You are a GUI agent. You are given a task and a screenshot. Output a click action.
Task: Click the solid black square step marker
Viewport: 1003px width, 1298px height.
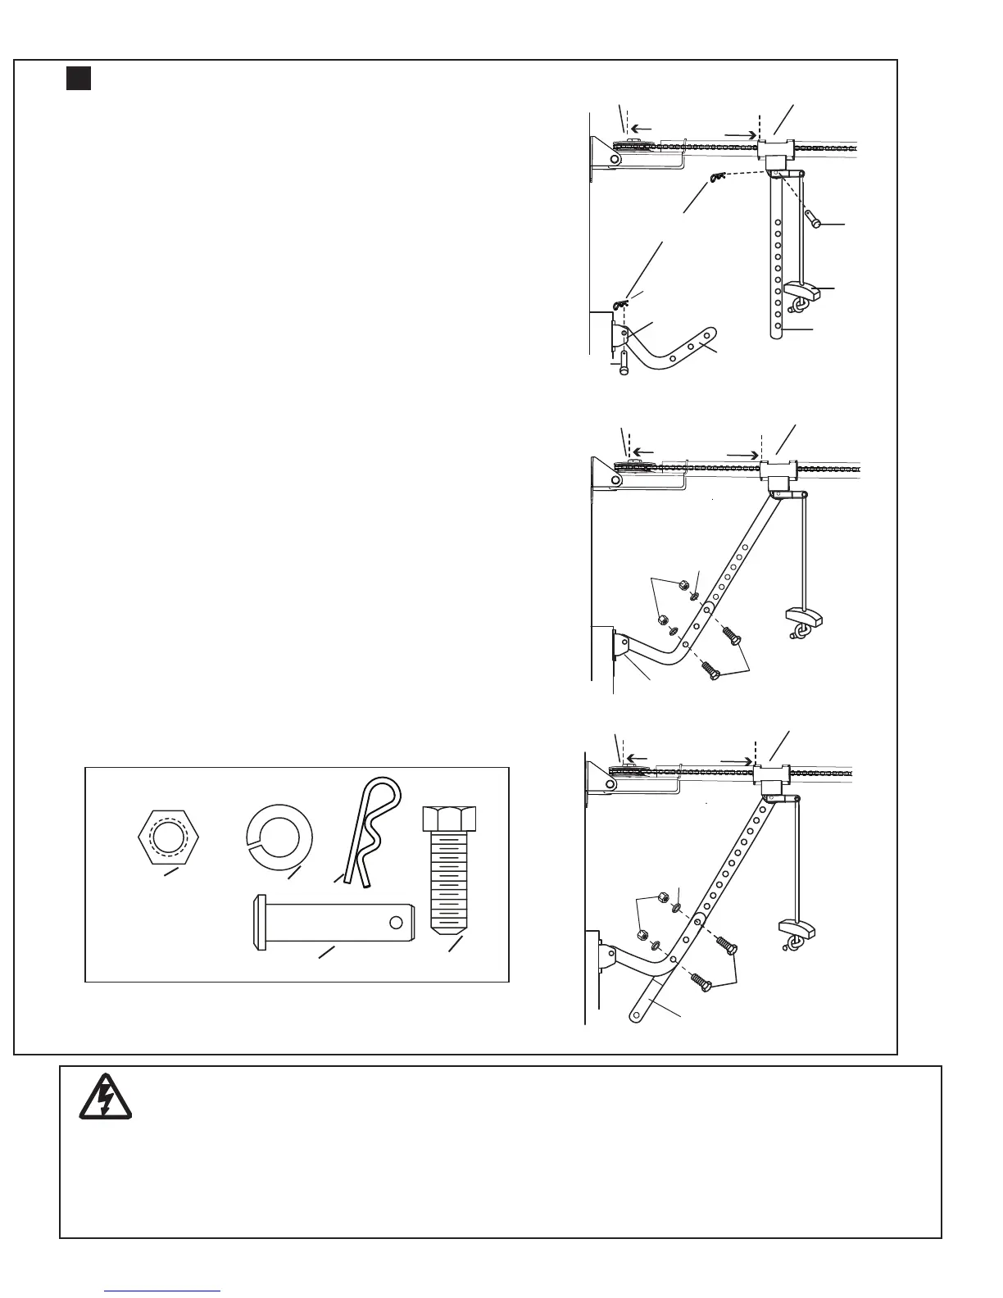(78, 79)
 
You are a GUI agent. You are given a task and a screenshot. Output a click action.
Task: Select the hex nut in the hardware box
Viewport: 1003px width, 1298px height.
(176, 837)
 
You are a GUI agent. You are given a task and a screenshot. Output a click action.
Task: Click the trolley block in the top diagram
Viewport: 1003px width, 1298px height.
(775, 150)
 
